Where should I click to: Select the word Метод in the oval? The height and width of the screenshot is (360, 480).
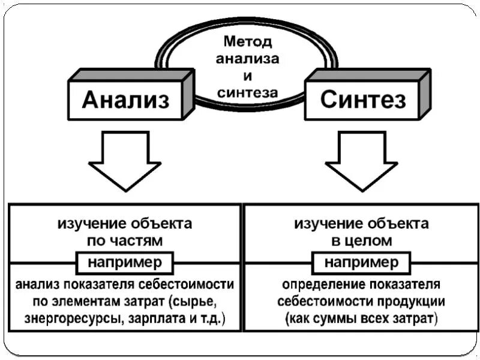click(x=247, y=41)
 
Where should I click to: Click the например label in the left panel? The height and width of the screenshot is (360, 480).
click(x=125, y=263)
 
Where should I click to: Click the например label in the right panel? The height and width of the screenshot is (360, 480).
click(x=361, y=263)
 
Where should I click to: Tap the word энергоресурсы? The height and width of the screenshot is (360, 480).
click(x=67, y=318)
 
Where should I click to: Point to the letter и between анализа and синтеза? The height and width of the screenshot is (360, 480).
click(x=247, y=76)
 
